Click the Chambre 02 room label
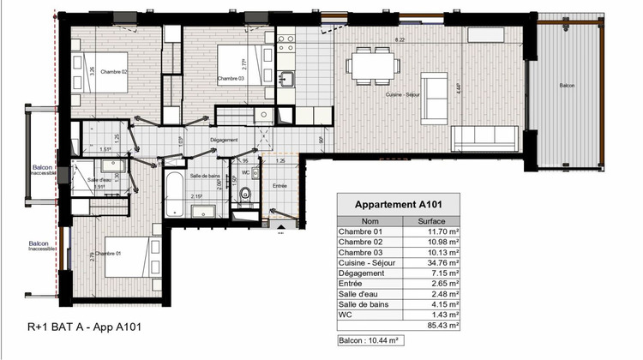tap(112, 73)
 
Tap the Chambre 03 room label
tap(231, 79)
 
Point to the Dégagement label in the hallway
tap(224, 140)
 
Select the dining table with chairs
tap(373, 66)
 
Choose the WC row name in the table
tap(345, 314)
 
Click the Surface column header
tap(430, 220)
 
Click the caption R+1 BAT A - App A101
tap(84, 327)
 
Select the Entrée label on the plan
tap(279, 185)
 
